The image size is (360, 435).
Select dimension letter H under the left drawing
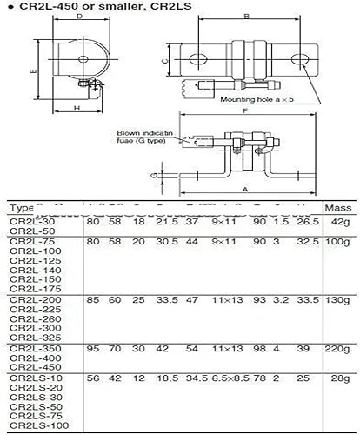[x=77, y=109]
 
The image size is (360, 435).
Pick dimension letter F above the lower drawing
[x=247, y=112]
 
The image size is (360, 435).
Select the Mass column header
[x=337, y=209]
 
